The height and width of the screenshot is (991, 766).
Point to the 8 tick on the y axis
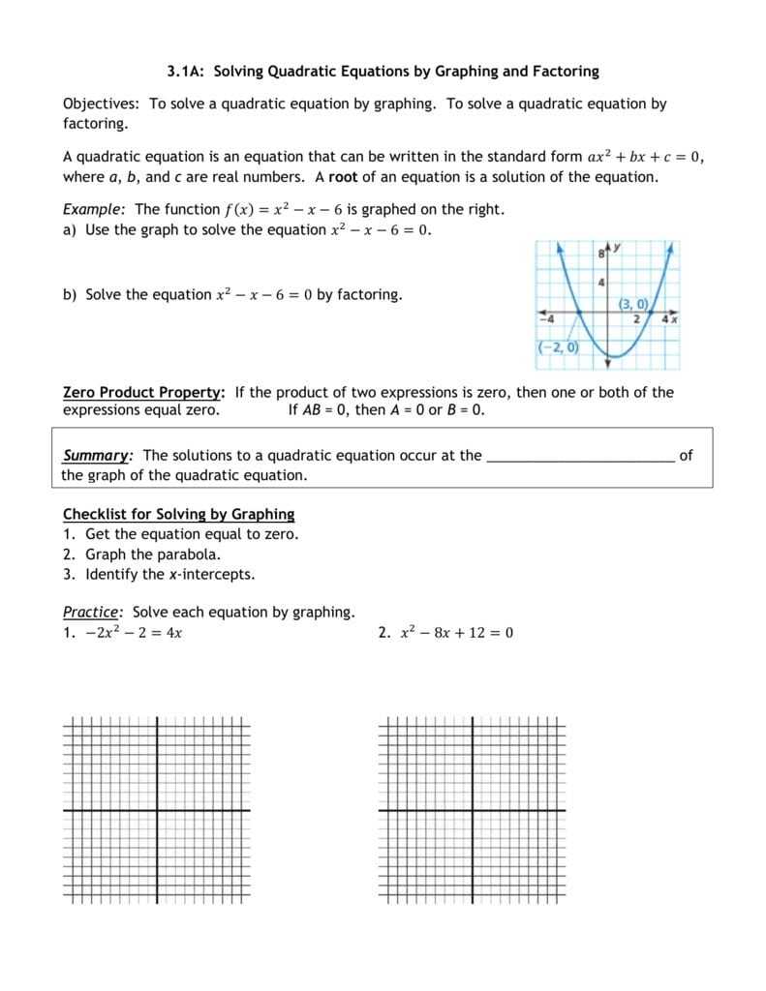(600, 253)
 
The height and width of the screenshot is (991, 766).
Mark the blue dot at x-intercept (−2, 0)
(578, 312)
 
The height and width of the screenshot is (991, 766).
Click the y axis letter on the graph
(616, 249)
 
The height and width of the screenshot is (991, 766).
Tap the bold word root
(343, 176)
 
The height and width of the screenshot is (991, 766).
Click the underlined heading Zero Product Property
(143, 392)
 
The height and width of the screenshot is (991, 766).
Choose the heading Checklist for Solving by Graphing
(178, 514)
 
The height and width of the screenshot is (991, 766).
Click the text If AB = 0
(319, 409)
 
